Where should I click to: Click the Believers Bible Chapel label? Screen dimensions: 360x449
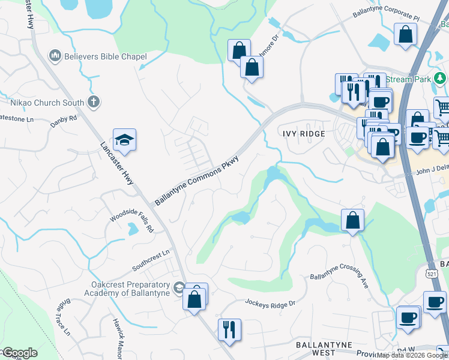[x=104, y=57]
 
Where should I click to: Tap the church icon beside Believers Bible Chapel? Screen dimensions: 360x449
[x=55, y=56]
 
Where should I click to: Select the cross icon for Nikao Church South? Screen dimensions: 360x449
[x=93, y=102]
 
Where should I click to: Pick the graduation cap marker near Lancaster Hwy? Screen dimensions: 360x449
[x=124, y=140]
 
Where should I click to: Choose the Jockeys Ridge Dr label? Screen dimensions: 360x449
[x=270, y=304]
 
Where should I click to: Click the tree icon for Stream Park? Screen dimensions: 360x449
[x=440, y=79]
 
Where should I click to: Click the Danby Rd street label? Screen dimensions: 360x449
[x=64, y=119]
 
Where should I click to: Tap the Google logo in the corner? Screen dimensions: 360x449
[x=19, y=353]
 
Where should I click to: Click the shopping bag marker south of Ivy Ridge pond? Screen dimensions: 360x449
[x=352, y=221]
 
